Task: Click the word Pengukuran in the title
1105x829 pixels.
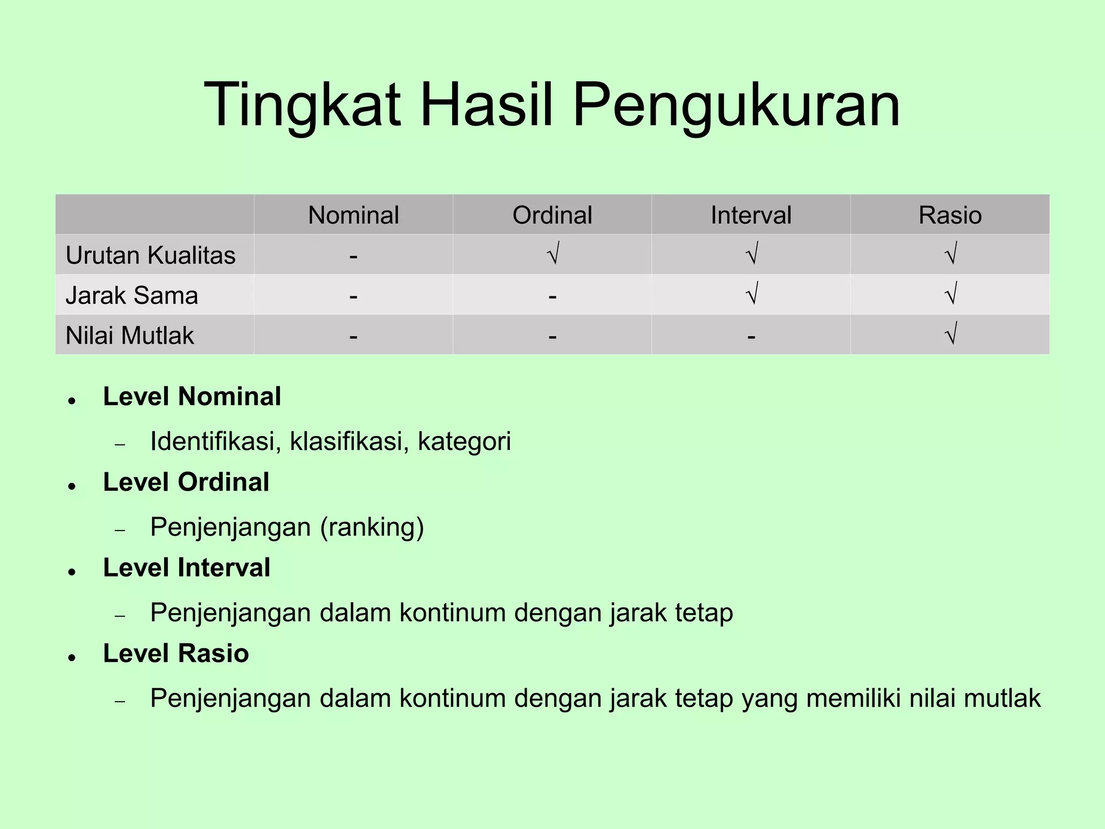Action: pyautogui.click(x=736, y=105)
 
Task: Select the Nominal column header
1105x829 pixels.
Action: pyautogui.click(x=353, y=215)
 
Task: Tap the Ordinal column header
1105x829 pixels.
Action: pyautogui.click(x=552, y=215)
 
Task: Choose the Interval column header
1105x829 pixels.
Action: pyautogui.click(x=751, y=215)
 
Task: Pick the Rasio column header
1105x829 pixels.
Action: pyautogui.click(x=950, y=215)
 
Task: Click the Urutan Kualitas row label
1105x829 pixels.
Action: pyautogui.click(x=151, y=255)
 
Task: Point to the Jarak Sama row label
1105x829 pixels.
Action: pyautogui.click(x=132, y=295)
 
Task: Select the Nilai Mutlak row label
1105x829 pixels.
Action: pyautogui.click(x=129, y=335)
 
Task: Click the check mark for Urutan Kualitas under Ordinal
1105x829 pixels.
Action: pyautogui.click(x=552, y=254)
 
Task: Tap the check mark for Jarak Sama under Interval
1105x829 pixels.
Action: pyautogui.click(x=752, y=294)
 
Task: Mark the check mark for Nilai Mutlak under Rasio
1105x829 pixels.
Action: pyautogui.click(x=951, y=334)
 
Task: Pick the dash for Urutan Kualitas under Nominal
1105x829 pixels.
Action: pyautogui.click(x=353, y=256)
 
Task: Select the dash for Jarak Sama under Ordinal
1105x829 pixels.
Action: pyautogui.click(x=552, y=296)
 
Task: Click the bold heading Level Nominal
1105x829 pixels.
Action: pyautogui.click(x=192, y=397)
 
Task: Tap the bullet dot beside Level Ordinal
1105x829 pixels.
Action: pyautogui.click(x=71, y=486)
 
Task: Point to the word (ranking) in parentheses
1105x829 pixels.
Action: pyautogui.click(x=372, y=527)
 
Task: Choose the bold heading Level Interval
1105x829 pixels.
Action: pyautogui.click(x=187, y=568)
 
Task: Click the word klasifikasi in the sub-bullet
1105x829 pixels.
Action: pyautogui.click(x=345, y=441)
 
